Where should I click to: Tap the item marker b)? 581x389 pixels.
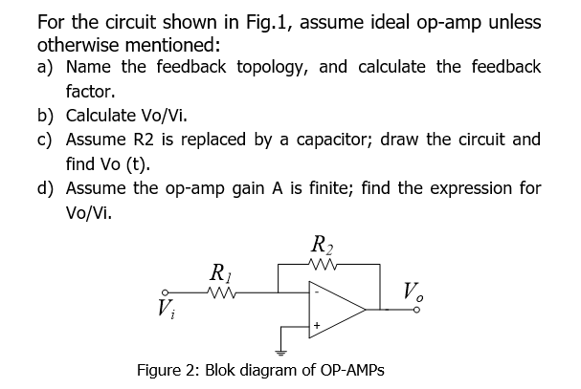tap(46, 116)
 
